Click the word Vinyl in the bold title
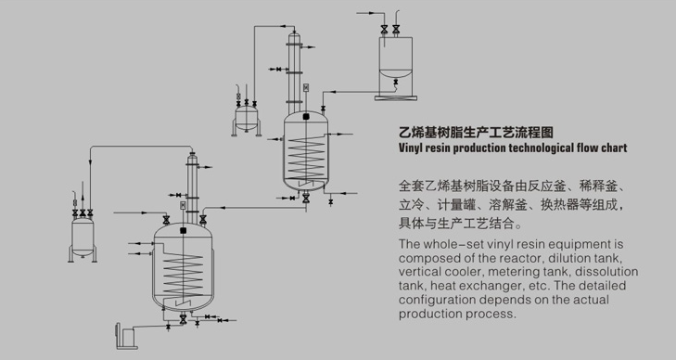(411, 148)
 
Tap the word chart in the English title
(615, 148)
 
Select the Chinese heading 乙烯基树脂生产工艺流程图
(476, 133)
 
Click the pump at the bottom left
(125, 336)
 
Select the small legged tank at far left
(83, 238)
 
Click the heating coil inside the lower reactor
(183, 275)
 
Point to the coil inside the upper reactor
(306, 157)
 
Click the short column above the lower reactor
(192, 188)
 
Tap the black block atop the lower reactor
(184, 231)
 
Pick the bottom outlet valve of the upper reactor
(306, 199)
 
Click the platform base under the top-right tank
(396, 97)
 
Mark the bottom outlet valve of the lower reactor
(183, 319)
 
